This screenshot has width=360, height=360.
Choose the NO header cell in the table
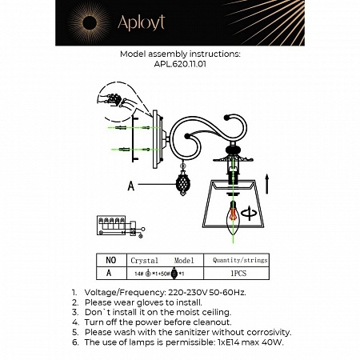tap(110, 260)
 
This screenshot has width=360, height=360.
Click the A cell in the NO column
tap(110, 273)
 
